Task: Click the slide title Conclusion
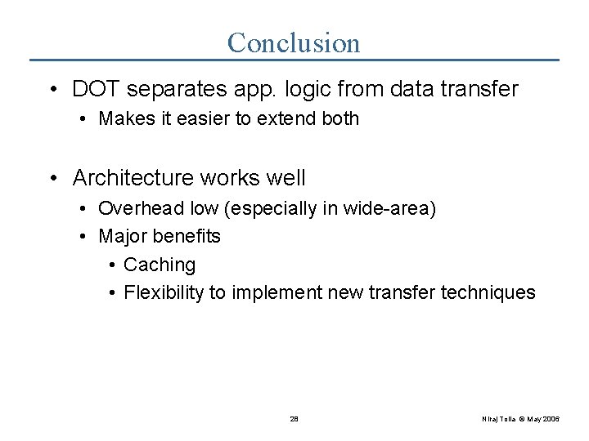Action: pyautogui.click(x=294, y=42)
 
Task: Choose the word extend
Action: pyautogui.click(x=283, y=119)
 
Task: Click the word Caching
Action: pyautogui.click(x=160, y=265)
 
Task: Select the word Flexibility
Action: pyautogui.click(x=164, y=293)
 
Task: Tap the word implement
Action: pyautogui.click(x=275, y=293)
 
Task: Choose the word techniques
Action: pyautogui.click(x=488, y=293)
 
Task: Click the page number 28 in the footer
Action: pyautogui.click(x=294, y=418)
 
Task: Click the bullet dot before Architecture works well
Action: pyautogui.click(x=53, y=178)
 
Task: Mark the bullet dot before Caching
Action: pyautogui.click(x=112, y=265)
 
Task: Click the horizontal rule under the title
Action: pyautogui.click(x=294, y=60)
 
